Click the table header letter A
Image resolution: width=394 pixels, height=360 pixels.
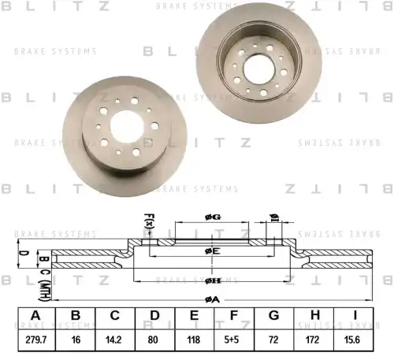(x=35, y=317)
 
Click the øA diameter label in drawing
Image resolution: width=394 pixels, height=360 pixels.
(x=210, y=299)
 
